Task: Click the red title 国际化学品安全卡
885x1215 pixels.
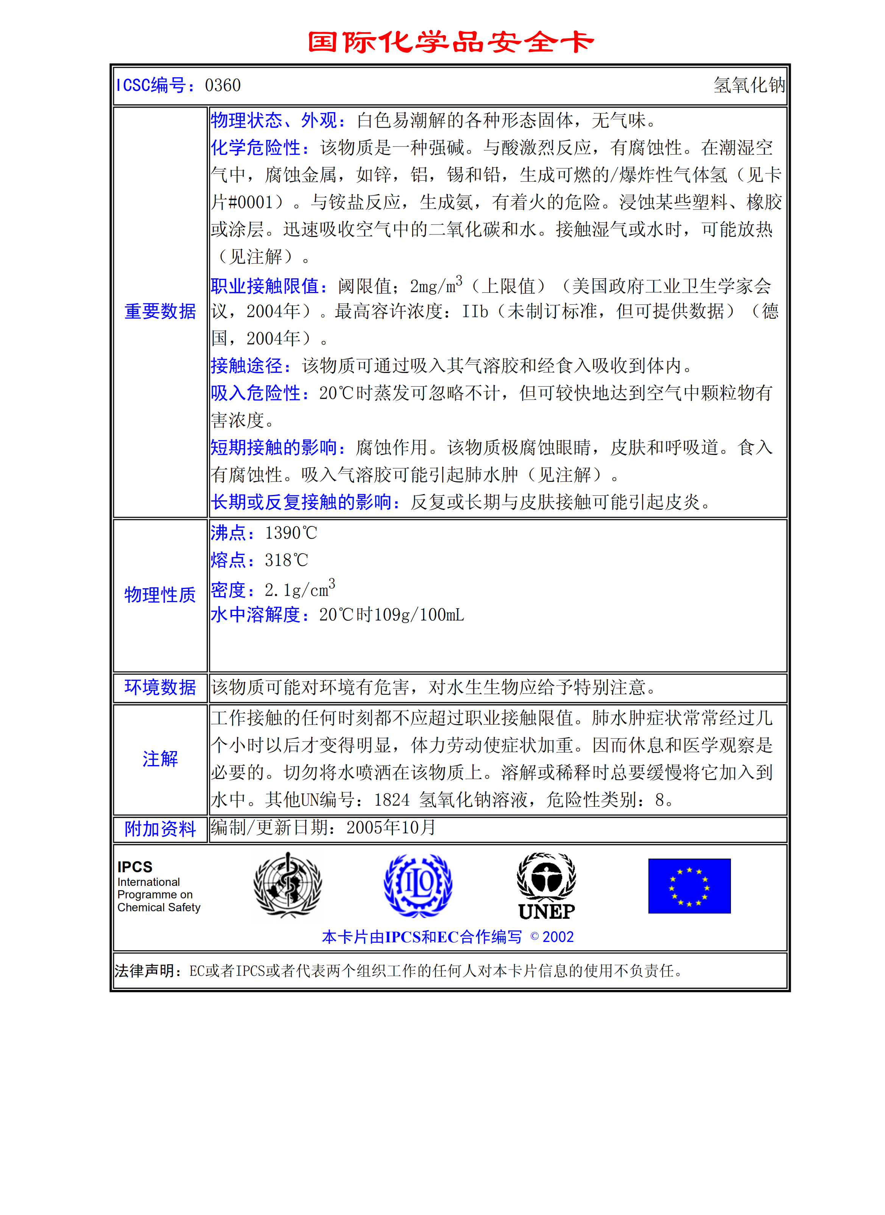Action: click(450, 42)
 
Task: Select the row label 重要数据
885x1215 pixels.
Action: click(160, 311)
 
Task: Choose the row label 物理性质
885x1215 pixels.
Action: click(160, 595)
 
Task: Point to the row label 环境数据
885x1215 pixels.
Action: click(160, 687)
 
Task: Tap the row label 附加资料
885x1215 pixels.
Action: click(160, 829)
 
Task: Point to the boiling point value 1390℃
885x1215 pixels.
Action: click(291, 533)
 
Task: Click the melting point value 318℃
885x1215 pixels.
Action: click(286, 561)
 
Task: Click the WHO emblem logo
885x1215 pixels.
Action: click(288, 885)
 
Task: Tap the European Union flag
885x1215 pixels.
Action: click(689, 886)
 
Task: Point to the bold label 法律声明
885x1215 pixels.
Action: click(148, 971)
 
